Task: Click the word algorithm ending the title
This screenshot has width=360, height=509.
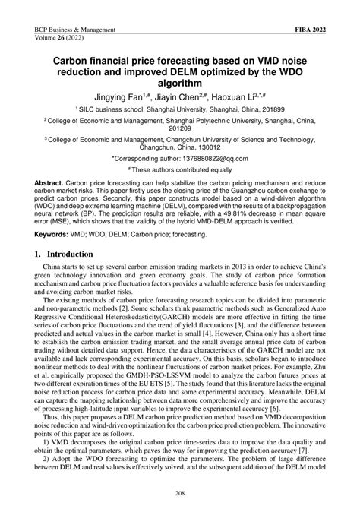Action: (180, 83)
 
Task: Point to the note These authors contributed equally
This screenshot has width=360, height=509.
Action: (182, 172)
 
